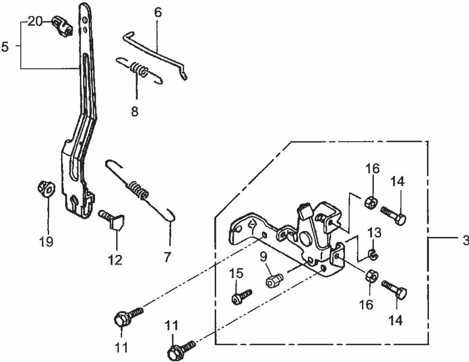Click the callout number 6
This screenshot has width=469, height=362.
point(157,13)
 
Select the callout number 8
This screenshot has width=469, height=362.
point(135,112)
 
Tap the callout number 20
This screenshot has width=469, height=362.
point(35,22)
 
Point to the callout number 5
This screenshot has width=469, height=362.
point(5,47)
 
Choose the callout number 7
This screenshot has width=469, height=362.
point(167,257)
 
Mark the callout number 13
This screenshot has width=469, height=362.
point(374,233)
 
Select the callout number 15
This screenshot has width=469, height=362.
point(237,273)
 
